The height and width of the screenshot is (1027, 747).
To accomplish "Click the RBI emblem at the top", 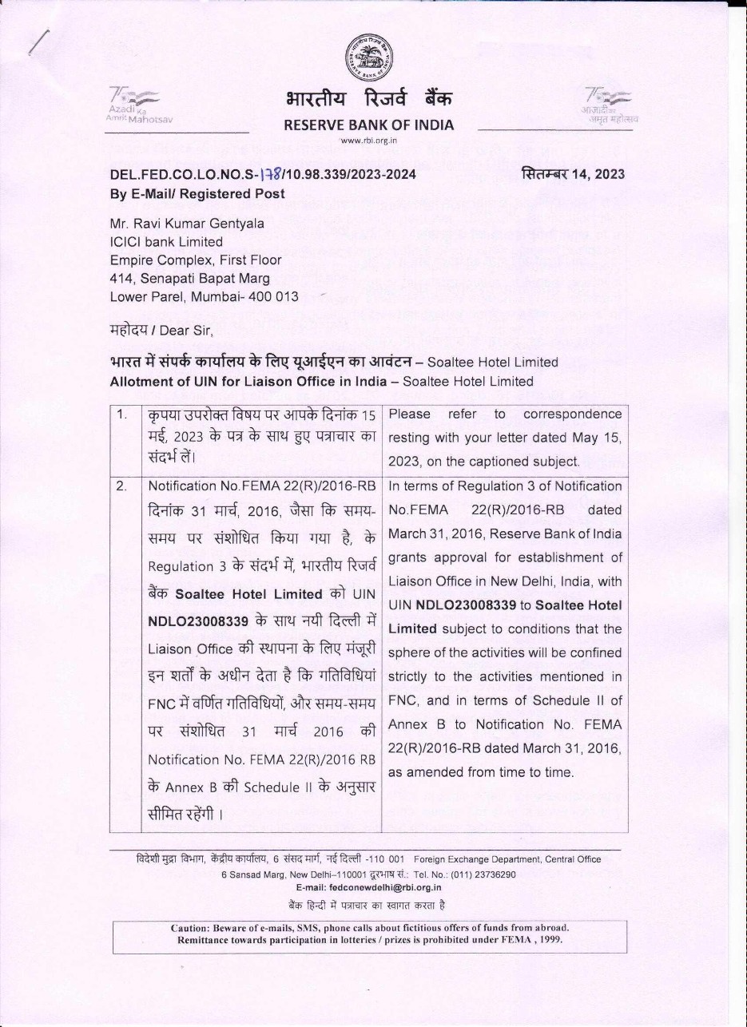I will coord(368,61).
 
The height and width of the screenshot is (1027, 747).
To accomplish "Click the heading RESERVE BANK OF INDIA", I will coord(368,125).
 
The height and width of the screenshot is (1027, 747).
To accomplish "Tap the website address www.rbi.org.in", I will coord(368,141).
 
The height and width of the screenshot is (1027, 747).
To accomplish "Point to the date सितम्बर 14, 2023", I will coord(573,174).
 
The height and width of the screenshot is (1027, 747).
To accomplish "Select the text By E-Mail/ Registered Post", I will coord(197,193).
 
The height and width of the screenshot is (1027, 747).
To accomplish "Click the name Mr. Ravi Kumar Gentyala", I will coord(187,224).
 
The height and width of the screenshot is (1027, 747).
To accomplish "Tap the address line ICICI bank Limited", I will coord(166,241).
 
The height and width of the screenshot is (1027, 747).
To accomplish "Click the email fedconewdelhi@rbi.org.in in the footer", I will coord(368,887).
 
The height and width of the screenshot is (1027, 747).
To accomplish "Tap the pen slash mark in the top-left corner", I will coord(38,39).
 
